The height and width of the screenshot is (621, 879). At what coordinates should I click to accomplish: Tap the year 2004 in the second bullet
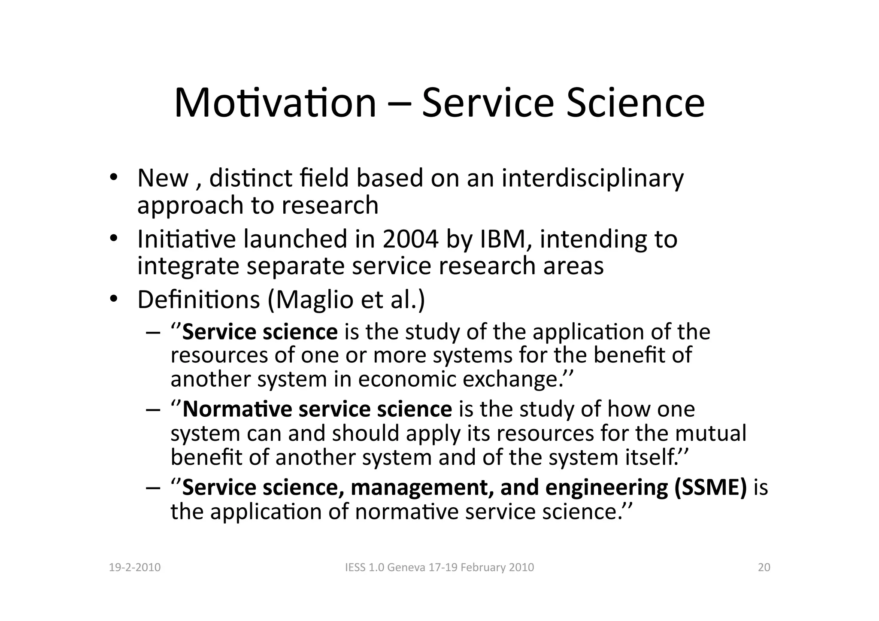coord(410,239)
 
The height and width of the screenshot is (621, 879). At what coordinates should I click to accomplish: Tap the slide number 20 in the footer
coord(764,567)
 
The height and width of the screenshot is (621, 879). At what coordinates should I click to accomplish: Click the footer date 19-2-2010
coord(135,567)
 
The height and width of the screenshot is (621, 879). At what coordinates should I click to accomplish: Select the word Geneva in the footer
coord(406,567)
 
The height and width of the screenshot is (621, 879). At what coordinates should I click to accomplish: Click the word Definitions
coord(198,300)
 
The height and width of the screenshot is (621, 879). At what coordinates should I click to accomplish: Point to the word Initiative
coord(186,239)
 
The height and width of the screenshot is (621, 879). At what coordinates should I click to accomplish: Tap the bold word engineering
coord(606,488)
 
